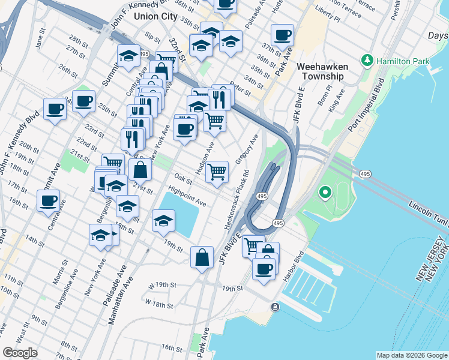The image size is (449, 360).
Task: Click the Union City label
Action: coord(155,16)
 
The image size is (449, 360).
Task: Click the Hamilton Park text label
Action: coord(399,61)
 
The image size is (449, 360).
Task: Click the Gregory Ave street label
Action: coord(247,149)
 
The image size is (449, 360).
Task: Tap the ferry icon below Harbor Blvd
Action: coord(275,307)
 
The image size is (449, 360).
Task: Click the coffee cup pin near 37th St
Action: coord(282,35)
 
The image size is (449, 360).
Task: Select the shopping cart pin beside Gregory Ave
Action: coord(217,171)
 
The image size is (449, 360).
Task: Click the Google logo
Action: coord(20,353)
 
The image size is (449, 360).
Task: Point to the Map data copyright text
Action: coord(411,355)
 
